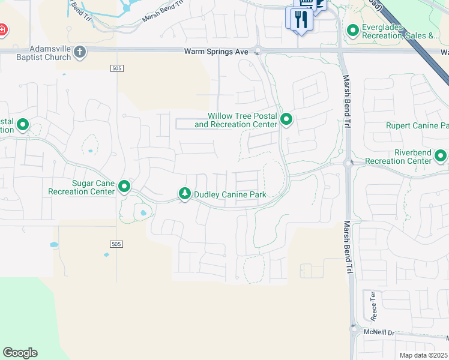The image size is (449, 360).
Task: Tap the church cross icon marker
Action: (80, 52)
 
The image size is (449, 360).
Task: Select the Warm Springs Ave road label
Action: (215, 52)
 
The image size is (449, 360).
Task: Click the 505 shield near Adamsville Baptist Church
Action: (117, 69)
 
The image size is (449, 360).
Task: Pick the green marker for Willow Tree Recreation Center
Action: (286, 120)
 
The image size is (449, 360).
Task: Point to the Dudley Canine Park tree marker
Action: (185, 194)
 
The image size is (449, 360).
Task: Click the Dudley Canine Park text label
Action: (229, 194)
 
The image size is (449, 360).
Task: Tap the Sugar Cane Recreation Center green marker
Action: (124, 187)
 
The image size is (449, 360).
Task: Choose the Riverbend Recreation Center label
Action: (398, 157)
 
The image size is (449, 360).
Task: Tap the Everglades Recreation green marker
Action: (353, 29)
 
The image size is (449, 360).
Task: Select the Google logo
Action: (20, 353)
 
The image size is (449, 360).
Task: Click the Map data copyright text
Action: (424, 355)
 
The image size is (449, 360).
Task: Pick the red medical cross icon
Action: (2, 29)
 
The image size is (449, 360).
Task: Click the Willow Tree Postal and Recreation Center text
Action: (236, 120)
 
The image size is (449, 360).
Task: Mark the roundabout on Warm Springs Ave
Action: (257, 51)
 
